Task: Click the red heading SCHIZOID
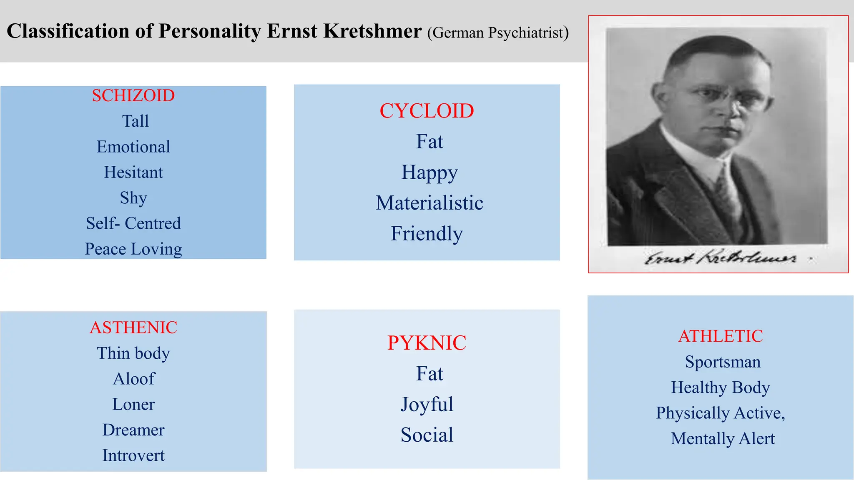[x=133, y=96]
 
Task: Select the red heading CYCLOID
[x=427, y=111]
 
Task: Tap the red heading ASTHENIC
[x=133, y=327]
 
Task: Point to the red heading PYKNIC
[x=427, y=343]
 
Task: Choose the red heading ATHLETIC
[x=721, y=336]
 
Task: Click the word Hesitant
[x=133, y=172]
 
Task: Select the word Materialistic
[x=429, y=203]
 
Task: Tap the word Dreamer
[x=133, y=430]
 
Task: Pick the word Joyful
[x=427, y=404]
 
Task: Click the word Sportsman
[x=723, y=362]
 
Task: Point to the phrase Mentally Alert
[x=723, y=439]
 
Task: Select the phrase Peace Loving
[x=133, y=249]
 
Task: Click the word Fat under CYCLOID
[x=430, y=142]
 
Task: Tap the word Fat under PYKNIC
[x=430, y=374]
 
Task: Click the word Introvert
[x=133, y=455]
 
